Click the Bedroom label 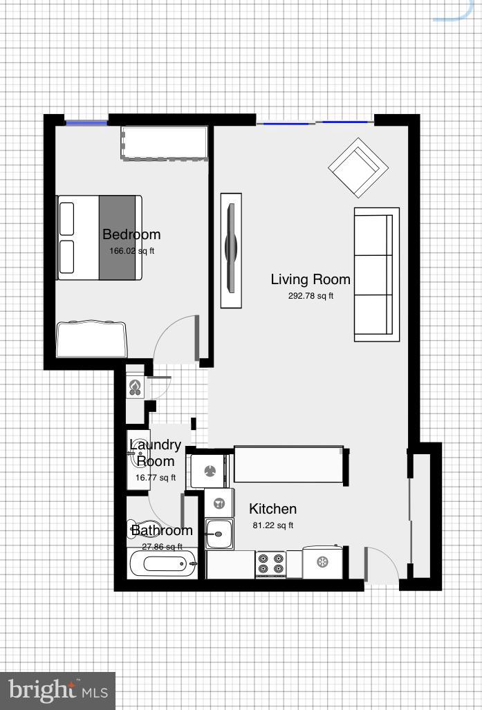coord(131,234)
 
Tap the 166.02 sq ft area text coord(131,251)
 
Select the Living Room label coord(310,279)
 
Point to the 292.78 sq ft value coord(310,296)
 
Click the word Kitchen coord(272,509)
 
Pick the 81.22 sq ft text coord(272,525)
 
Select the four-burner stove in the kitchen coord(270,564)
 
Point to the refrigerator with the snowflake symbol coord(322,562)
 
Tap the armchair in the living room coord(358,167)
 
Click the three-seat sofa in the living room coord(376,274)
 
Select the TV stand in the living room coord(231,250)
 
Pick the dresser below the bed coord(91,339)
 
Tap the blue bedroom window coord(86,123)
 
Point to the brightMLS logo coord(57,690)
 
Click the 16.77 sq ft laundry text coord(156,478)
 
